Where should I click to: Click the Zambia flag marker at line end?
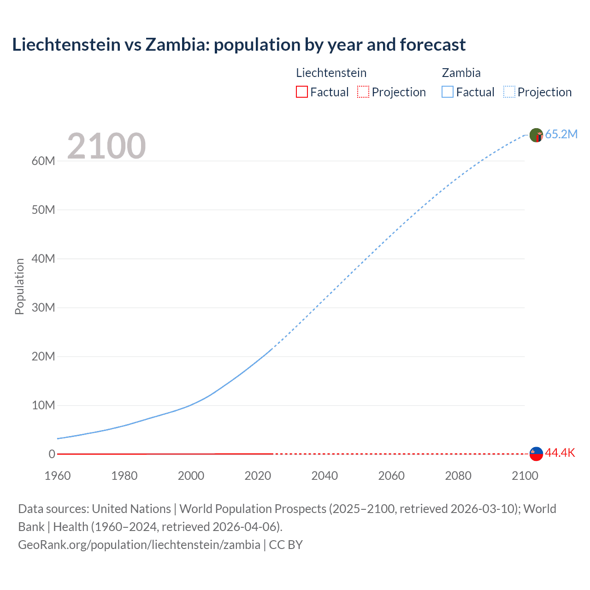pos(536,135)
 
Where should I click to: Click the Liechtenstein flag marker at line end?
pos(536,454)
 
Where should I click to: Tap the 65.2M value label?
pos(561,134)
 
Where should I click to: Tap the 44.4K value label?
pos(560,453)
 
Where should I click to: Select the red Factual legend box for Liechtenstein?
pos(301,92)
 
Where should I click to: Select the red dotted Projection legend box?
pos(363,92)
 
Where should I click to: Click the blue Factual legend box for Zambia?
pos(448,92)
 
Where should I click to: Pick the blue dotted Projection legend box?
pos(509,92)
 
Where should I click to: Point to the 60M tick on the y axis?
pos(43,161)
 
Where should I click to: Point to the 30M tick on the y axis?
pos(43,307)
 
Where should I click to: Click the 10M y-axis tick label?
pos(43,405)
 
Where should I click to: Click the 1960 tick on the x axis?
pos(58,476)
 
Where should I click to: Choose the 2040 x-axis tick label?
pos(324,476)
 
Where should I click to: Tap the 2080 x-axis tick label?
pos(458,476)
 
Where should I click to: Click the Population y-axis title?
pos(19,286)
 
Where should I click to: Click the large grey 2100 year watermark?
pos(106,146)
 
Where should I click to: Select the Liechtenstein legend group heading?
pos(331,73)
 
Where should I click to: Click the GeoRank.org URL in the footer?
pos(139,545)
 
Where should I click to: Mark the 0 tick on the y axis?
pos(52,454)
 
